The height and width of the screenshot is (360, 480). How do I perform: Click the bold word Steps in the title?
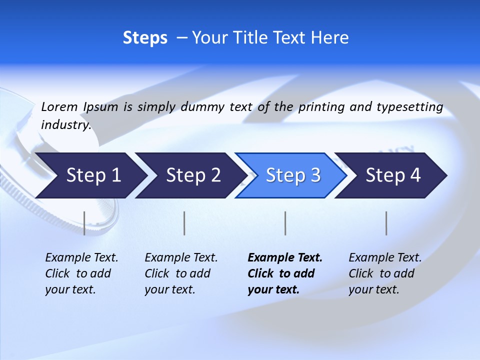point(145,38)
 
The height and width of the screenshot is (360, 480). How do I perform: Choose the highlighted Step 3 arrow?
point(293,175)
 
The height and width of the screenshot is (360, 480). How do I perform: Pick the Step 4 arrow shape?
point(393,175)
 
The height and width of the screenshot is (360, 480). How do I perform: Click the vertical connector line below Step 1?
point(84,223)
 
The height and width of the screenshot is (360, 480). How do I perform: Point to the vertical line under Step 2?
point(184,223)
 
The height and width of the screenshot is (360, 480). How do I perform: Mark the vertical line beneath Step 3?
point(285,223)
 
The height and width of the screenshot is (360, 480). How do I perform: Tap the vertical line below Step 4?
point(386,223)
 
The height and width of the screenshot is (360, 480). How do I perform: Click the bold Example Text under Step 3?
point(285,258)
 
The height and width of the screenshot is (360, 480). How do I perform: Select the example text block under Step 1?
point(81,273)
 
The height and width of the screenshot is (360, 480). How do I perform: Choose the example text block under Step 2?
point(181,273)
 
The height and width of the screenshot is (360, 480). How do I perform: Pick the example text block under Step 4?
point(385,273)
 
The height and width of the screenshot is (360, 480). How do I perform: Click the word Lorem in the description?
point(59,106)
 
